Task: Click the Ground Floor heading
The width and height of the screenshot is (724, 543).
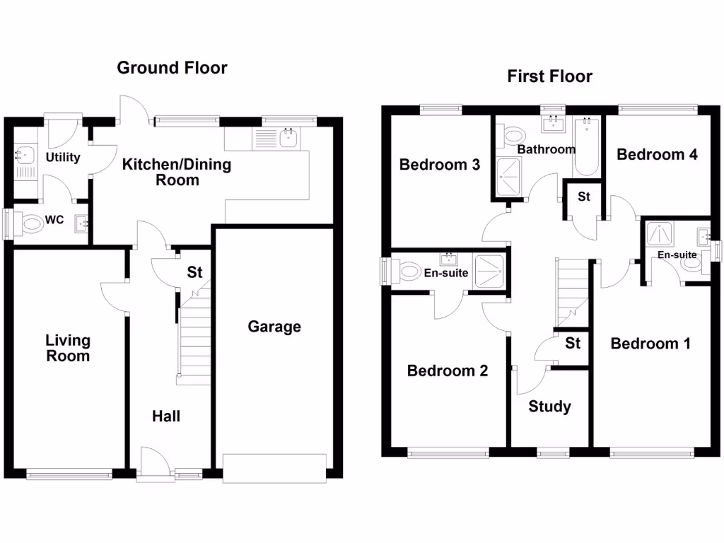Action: point(172,68)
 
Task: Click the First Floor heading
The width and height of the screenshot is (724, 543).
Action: point(549,76)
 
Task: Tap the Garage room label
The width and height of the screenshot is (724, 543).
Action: point(274,327)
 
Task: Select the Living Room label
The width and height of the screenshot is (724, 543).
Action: point(68,348)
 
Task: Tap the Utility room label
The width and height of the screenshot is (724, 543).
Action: point(64,158)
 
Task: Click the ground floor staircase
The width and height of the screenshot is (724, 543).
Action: point(193,339)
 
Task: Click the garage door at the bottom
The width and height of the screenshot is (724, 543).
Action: point(274,469)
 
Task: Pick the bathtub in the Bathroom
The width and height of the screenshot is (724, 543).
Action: point(586,147)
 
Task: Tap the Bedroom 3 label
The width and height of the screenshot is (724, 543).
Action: point(440,165)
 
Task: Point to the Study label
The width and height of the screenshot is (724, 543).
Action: point(549,407)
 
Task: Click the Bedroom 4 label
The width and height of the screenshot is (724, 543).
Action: point(657,154)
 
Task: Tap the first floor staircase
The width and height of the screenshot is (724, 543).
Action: point(573,290)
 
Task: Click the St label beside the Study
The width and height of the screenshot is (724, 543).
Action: point(573,344)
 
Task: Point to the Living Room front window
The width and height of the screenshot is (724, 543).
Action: point(69,475)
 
